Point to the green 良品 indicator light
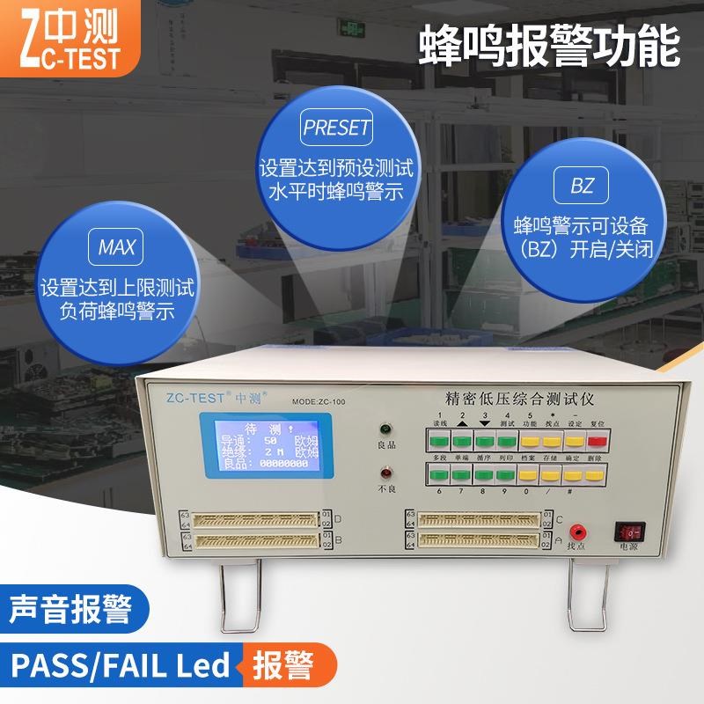pyautogui.click(x=385, y=430)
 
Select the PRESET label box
pyautogui.click(x=337, y=128)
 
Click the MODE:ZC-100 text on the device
pyautogui.click(x=319, y=401)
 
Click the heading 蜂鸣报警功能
pyautogui.click(x=550, y=44)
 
